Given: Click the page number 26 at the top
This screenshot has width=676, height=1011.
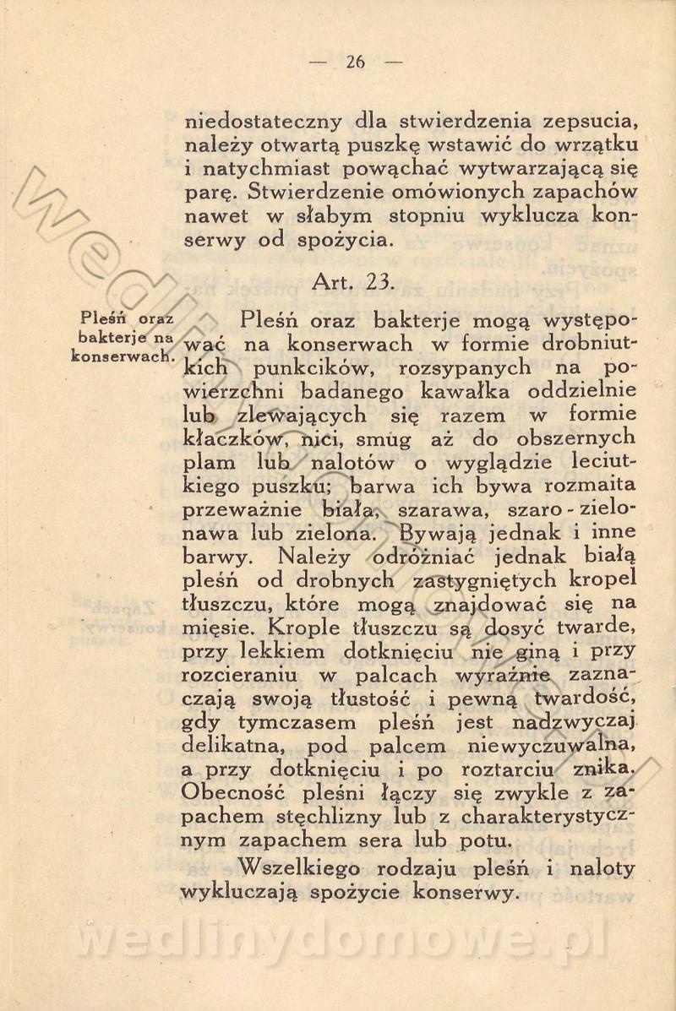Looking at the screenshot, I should [x=355, y=61].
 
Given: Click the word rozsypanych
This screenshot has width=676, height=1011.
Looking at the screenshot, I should [x=469, y=368].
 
